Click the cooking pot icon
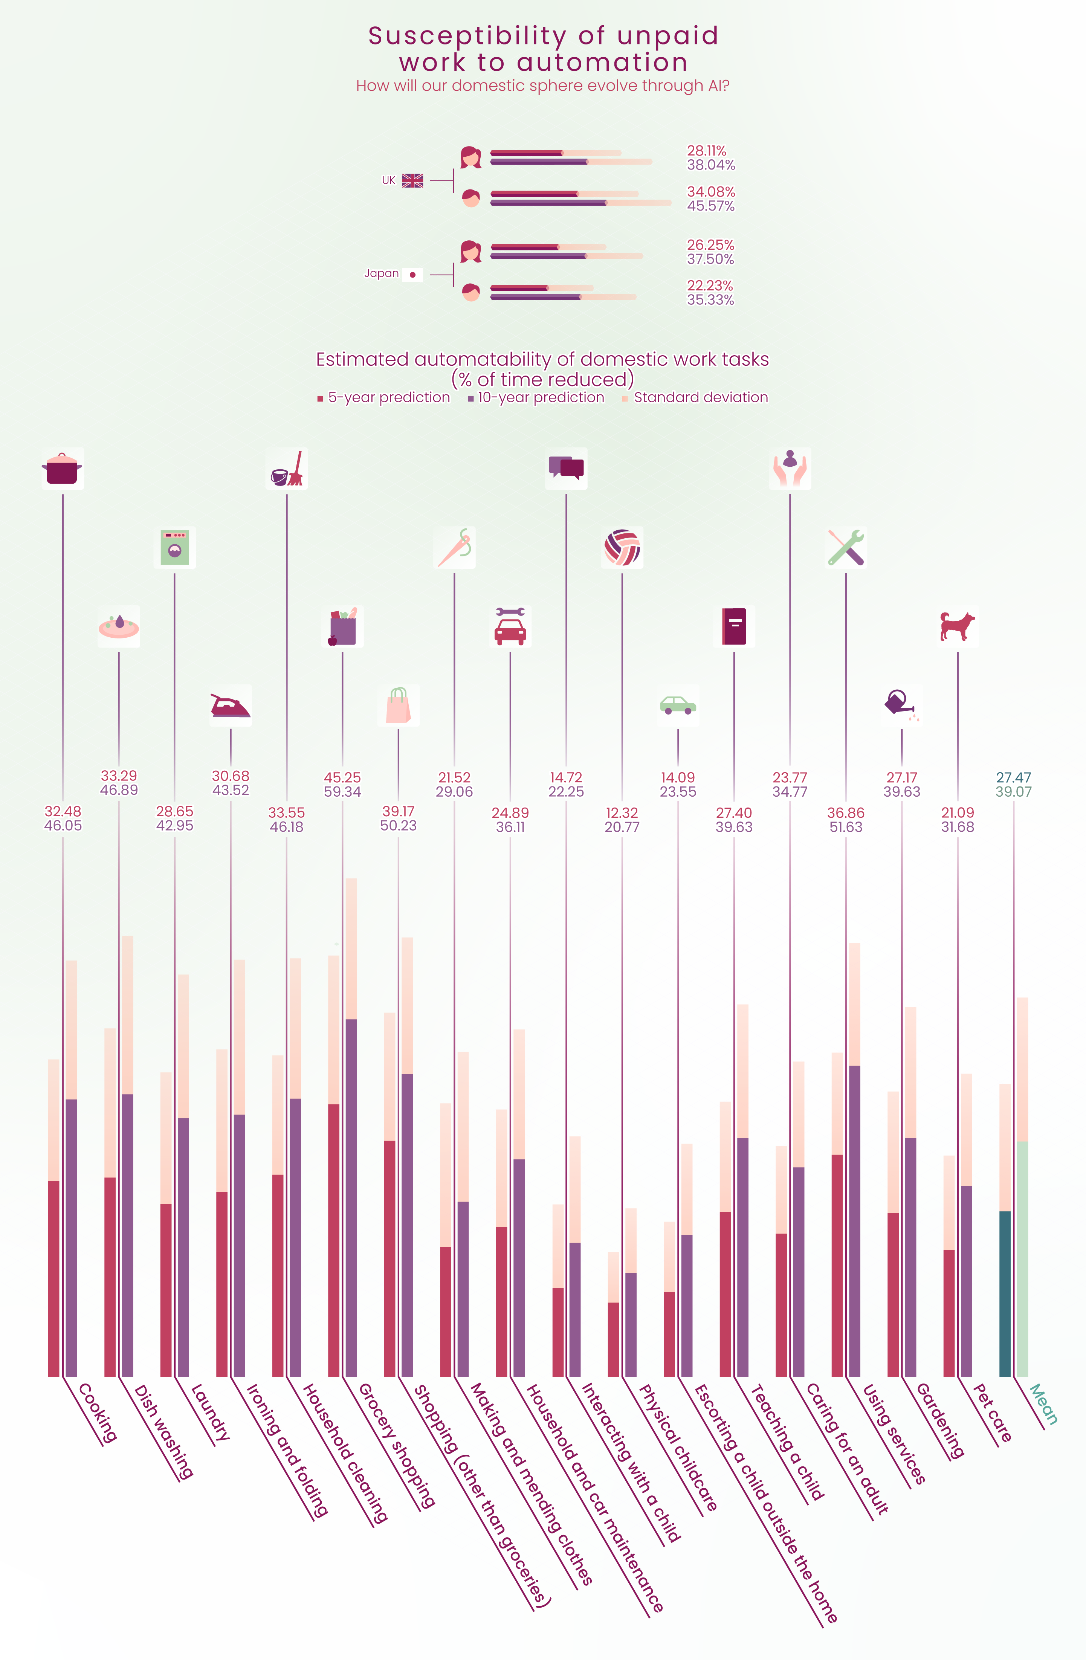[62, 469]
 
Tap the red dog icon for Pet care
[957, 626]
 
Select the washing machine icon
[174, 548]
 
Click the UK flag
[412, 181]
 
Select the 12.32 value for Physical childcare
[622, 812]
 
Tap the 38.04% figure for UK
[711, 165]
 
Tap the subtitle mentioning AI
[543, 86]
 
